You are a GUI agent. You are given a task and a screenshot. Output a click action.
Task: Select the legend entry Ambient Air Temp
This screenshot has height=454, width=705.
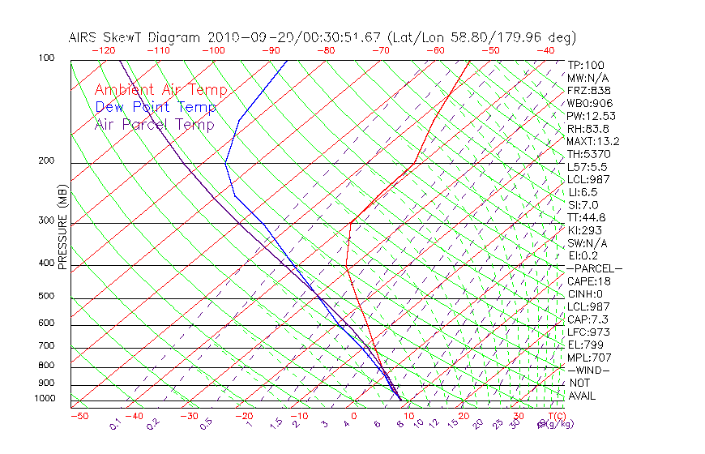coord(160,90)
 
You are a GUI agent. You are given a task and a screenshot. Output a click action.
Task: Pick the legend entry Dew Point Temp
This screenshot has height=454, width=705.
coord(156,107)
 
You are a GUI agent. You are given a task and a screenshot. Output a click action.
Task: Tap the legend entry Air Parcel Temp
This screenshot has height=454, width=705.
coord(154,124)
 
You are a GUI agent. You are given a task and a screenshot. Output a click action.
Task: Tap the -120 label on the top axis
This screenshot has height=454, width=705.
coord(103,50)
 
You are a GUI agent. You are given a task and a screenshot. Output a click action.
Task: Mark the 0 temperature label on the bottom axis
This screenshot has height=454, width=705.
coord(354,416)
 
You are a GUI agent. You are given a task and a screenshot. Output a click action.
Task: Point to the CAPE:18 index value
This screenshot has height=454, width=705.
coord(588,281)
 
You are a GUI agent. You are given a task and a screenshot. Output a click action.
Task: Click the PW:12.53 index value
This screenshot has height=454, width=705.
coord(591,116)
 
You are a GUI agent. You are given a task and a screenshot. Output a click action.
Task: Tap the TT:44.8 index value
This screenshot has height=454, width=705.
coord(587,217)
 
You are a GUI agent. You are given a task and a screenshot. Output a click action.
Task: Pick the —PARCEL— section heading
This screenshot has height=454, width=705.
coord(594,268)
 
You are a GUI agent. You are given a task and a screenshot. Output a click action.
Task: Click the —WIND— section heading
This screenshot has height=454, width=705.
coord(589,370)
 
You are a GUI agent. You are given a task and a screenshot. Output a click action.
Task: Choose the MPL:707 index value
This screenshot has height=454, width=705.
coord(589,358)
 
